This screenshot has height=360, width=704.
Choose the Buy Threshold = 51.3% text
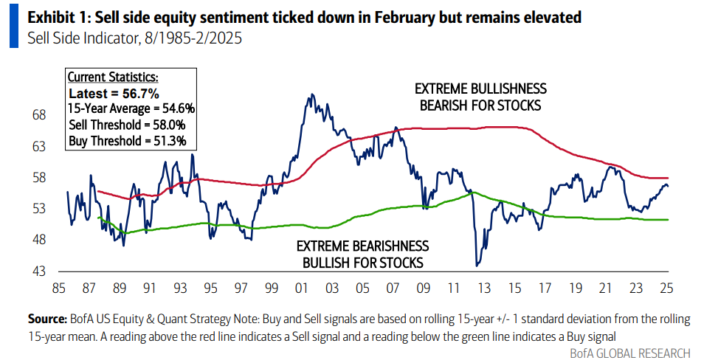(127, 140)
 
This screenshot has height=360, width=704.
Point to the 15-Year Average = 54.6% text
(131, 108)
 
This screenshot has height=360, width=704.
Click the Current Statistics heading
(113, 77)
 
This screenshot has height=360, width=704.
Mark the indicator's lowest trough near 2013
(477, 265)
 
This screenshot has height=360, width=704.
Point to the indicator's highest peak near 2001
(311, 94)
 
